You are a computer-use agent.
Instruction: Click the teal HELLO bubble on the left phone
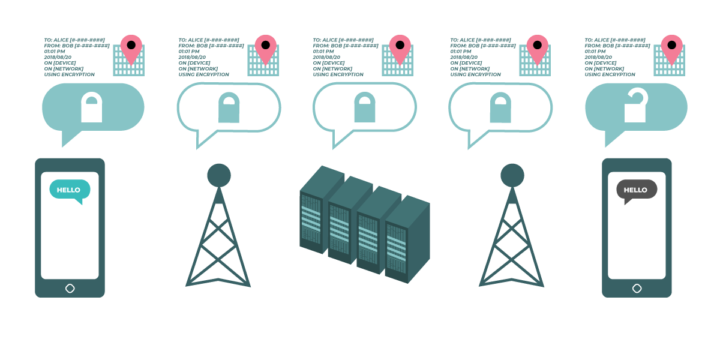click(x=69, y=190)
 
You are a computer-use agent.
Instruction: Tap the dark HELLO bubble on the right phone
click(x=636, y=190)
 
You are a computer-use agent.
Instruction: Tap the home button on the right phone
click(x=637, y=288)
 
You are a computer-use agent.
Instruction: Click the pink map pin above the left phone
click(x=130, y=47)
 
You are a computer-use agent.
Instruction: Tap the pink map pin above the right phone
click(x=672, y=47)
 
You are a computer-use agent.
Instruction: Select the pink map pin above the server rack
click(x=400, y=47)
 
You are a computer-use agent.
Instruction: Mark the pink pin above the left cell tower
click(x=265, y=47)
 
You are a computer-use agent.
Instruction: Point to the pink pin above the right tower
click(x=537, y=47)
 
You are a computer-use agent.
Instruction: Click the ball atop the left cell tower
click(x=218, y=175)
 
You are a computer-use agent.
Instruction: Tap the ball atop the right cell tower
click(x=512, y=175)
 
